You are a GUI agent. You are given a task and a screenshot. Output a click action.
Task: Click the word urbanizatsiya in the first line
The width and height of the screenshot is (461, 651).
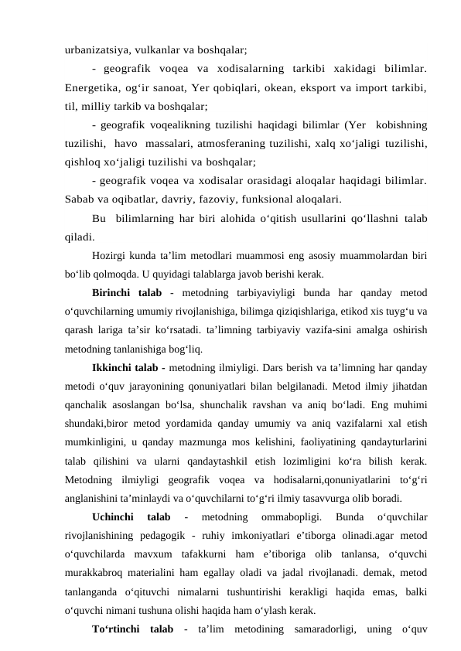point(98,49)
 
